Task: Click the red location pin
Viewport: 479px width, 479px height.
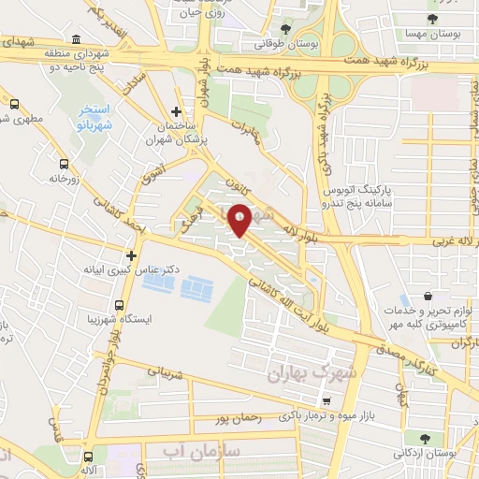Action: click(x=240, y=220)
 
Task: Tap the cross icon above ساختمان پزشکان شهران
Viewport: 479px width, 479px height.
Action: click(x=176, y=111)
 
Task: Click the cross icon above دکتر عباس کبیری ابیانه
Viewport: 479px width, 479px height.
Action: click(x=131, y=254)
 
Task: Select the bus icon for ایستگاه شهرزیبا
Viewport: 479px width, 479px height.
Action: click(x=120, y=305)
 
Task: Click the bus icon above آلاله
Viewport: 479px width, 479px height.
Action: click(x=89, y=457)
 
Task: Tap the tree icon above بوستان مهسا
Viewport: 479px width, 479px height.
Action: click(x=431, y=18)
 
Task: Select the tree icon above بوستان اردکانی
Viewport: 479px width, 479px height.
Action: click(x=427, y=438)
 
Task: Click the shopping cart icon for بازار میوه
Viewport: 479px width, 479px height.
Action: click(x=326, y=399)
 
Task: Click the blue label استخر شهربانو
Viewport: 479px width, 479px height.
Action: click(x=95, y=115)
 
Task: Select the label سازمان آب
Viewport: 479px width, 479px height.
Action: click(x=200, y=453)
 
